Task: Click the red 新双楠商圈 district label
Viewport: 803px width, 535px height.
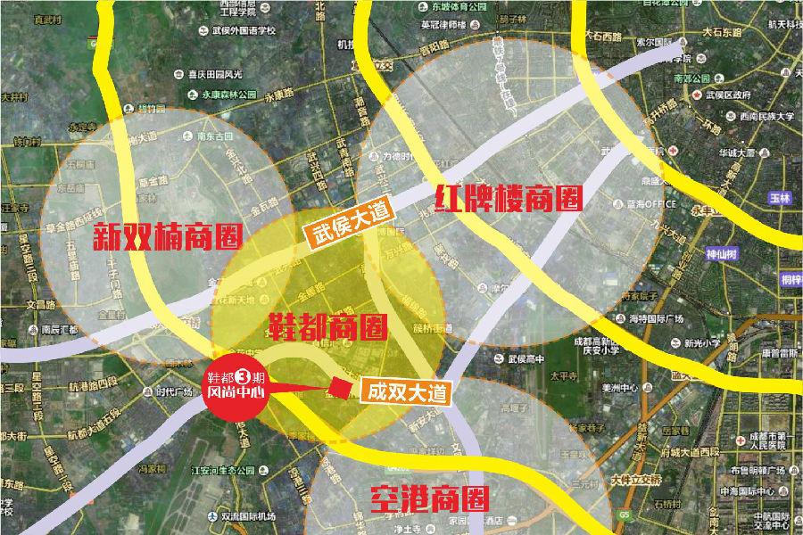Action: (x=169, y=235)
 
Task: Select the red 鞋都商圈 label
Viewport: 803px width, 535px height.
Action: (x=328, y=327)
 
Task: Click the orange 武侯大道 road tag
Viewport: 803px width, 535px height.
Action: (x=347, y=224)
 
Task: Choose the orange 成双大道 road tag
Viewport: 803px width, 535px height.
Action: (x=406, y=391)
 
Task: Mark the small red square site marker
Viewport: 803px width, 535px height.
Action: (x=339, y=386)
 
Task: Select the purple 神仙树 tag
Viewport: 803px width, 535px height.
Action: (x=722, y=252)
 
